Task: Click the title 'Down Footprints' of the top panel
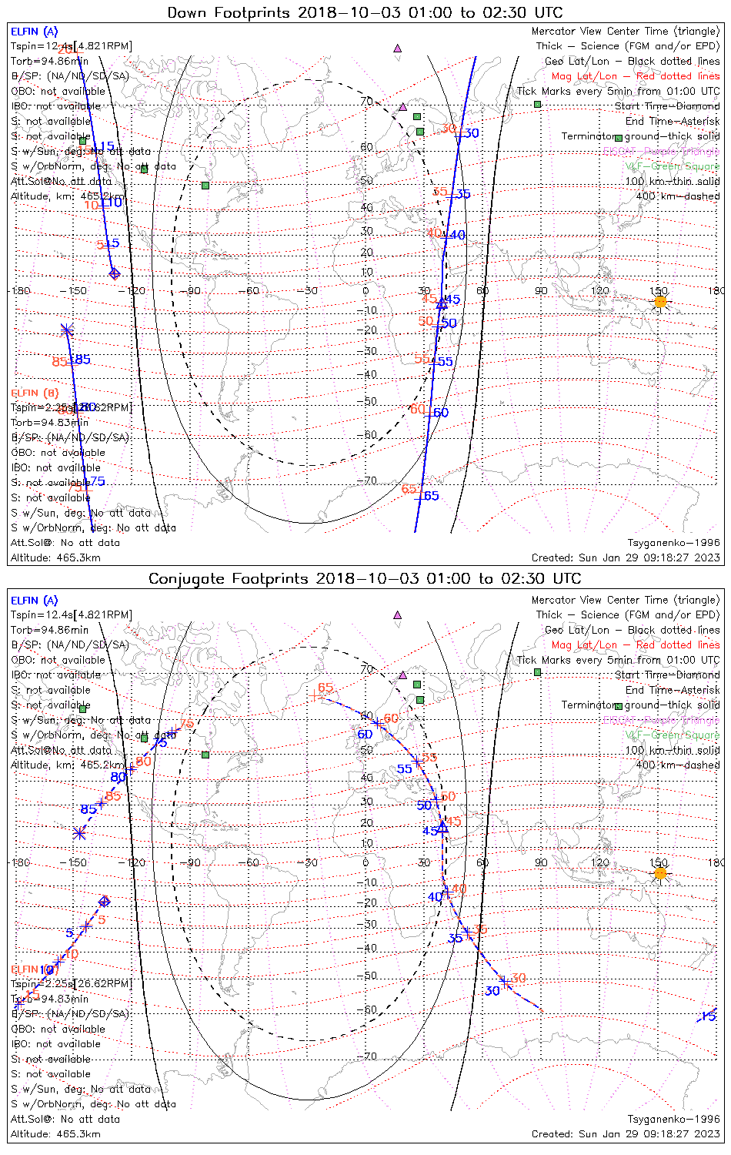(230, 12)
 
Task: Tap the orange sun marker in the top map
(660, 302)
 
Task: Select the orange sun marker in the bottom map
(660, 873)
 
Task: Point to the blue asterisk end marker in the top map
(66, 330)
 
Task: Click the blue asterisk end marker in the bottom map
(78, 832)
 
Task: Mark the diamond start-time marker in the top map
(114, 273)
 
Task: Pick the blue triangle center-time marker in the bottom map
(442, 828)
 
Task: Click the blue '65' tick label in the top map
(432, 496)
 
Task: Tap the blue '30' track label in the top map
(472, 133)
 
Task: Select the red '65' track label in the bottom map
(325, 688)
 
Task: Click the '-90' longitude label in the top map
(192, 290)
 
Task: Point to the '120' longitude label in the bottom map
(599, 862)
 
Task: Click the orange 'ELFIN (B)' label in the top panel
(35, 393)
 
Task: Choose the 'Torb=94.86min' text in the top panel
(50, 61)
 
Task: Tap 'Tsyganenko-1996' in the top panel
(673, 543)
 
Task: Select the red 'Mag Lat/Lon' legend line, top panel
(636, 76)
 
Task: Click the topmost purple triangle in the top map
(398, 48)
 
